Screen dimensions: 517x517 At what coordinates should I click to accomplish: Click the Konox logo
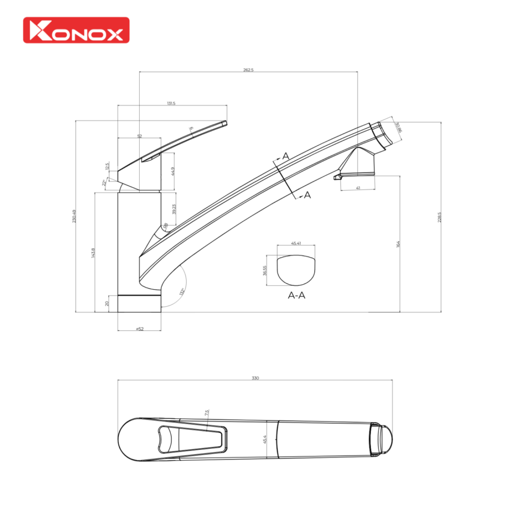tap(76, 30)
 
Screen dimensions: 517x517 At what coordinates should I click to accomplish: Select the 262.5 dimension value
tap(248, 70)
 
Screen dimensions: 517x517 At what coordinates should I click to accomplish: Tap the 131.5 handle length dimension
tap(171, 103)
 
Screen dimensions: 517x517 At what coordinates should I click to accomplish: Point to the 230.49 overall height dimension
tap(74, 216)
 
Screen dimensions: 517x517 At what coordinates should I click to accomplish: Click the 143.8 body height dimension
tap(93, 253)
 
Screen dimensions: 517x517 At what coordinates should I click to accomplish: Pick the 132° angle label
tap(181, 292)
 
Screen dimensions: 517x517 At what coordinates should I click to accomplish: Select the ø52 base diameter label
tap(139, 329)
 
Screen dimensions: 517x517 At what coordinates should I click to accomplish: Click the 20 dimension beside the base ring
tap(108, 303)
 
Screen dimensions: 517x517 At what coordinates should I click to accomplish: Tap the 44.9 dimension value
tap(173, 171)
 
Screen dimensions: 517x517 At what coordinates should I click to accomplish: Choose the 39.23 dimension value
tap(174, 208)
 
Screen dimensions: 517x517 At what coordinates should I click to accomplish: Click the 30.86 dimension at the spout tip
tap(398, 127)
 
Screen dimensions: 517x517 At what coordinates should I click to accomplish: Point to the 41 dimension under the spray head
tap(358, 188)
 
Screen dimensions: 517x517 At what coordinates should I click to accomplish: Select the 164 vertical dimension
tap(398, 244)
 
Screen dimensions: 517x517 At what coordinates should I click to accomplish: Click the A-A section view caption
tap(296, 296)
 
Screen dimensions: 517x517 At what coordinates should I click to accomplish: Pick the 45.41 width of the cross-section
tap(296, 242)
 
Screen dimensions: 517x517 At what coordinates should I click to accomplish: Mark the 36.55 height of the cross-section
tap(264, 271)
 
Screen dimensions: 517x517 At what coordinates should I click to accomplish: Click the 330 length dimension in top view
tap(255, 378)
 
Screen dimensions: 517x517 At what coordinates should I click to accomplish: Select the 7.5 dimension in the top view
tap(207, 413)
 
